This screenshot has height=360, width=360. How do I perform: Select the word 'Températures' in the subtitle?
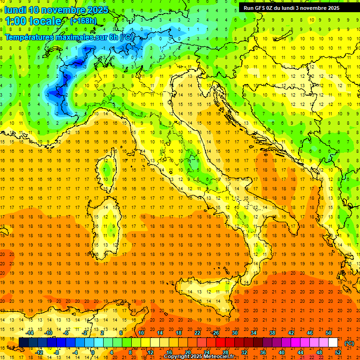(31, 37)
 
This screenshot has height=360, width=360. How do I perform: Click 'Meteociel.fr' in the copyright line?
(222, 357)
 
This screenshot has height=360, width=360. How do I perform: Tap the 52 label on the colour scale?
(338, 352)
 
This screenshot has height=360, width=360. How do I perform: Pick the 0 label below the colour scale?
(92, 352)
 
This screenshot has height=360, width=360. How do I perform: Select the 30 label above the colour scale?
(234, 333)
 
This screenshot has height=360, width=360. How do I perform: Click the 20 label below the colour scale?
(187, 352)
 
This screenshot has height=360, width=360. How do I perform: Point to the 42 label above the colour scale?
(291, 333)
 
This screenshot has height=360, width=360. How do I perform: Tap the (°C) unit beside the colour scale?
(349, 343)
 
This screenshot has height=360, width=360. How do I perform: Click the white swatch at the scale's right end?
(333, 343)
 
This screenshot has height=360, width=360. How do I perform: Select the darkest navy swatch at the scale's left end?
(24, 343)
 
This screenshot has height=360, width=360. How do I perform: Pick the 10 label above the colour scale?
(141, 333)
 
